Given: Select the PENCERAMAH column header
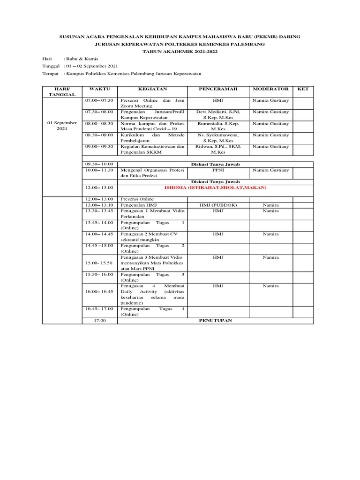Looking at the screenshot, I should pos(218,89).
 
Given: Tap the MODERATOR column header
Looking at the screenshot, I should pos(270,89).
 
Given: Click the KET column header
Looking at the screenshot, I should pos(303,89).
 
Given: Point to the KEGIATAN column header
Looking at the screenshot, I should pos(153,89).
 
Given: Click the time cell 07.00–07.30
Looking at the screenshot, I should pos(99,100).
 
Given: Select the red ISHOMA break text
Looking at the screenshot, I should pos(215,187).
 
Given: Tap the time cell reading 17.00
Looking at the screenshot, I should pos(100,321).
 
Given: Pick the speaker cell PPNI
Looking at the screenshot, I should pos(218,170).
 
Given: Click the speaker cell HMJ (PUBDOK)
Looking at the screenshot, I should pos(218,205).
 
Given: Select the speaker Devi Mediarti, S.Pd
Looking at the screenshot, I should pos(218,112).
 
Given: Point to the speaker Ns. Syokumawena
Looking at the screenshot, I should pos(218,135).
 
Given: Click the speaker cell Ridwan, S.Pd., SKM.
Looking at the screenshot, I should pos(218,146).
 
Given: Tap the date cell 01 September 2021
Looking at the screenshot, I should pos(63,126).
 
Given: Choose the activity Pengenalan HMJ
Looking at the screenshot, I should pos(138,205).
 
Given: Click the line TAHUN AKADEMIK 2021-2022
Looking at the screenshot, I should pos(180,52).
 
